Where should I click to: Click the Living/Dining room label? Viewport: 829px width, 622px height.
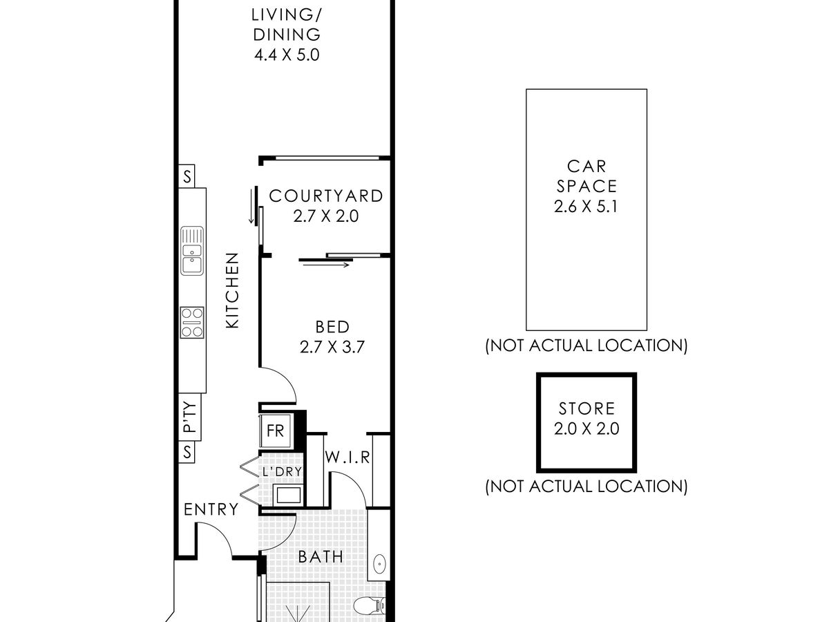[285, 24]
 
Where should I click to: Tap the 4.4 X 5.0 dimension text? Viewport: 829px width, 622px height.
[286, 55]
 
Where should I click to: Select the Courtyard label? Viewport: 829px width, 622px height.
[326, 196]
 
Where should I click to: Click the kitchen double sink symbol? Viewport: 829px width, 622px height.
[192, 251]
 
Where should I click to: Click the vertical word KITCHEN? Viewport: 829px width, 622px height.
[233, 290]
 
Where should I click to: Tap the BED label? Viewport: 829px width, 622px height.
[332, 327]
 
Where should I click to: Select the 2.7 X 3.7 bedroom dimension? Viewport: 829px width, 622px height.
[332, 347]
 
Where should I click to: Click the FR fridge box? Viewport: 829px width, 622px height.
[276, 431]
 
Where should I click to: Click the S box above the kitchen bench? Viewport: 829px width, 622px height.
[187, 176]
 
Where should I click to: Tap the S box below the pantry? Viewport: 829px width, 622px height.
[187, 453]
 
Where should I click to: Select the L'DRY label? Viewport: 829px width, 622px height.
[280, 472]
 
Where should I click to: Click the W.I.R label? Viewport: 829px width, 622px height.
[348, 458]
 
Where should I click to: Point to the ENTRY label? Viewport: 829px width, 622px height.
[211, 510]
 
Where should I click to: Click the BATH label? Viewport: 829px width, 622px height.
[321, 556]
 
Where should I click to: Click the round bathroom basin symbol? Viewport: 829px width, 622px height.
[379, 565]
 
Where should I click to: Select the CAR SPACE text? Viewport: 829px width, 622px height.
[586, 176]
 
